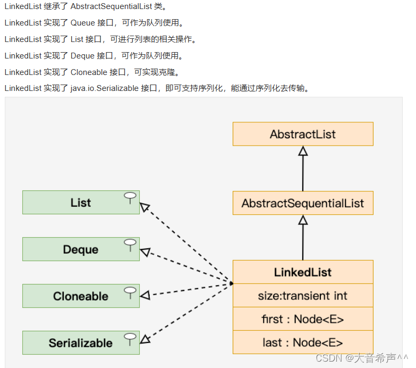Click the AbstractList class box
pyautogui.click(x=303, y=134)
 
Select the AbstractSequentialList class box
pyautogui.click(x=303, y=203)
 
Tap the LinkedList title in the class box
pyautogui.click(x=303, y=272)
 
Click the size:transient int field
pyautogui.click(x=303, y=296)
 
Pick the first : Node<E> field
pyautogui.click(x=303, y=319)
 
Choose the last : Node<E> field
pyautogui.click(x=303, y=342)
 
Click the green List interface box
pyautogui.click(x=81, y=203)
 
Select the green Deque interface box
pyautogui.click(x=81, y=249)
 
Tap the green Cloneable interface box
pyautogui.click(x=81, y=296)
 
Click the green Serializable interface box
pyautogui.click(x=81, y=343)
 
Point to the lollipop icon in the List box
pyautogui.click(x=130, y=198)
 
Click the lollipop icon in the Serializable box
pyautogui.click(x=130, y=339)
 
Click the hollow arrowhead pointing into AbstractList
pyautogui.click(x=303, y=150)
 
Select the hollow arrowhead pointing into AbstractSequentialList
pyautogui.click(x=303, y=220)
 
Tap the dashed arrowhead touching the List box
pyautogui.click(x=145, y=206)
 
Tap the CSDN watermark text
pyautogui.click(x=361, y=358)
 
